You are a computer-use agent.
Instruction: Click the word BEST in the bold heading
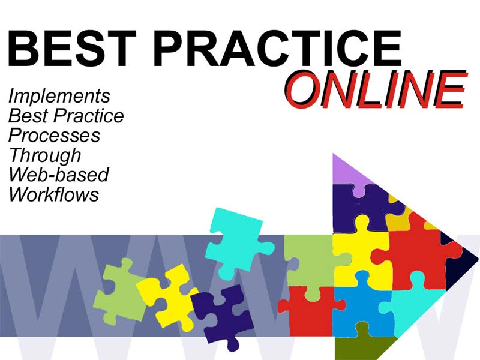[x=71, y=48]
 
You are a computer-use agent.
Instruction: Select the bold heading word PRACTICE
[x=277, y=48]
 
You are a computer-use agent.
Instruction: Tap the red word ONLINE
[x=376, y=89]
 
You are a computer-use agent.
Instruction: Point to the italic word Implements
[x=59, y=97]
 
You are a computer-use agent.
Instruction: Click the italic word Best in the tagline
[x=28, y=116]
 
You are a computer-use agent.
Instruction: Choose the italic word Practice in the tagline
[x=88, y=116]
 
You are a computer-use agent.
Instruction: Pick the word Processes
[x=55, y=136]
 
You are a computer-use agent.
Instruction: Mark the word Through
[x=45, y=155]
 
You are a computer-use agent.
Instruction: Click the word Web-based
[x=59, y=175]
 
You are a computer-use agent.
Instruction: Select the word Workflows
[x=54, y=194]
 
